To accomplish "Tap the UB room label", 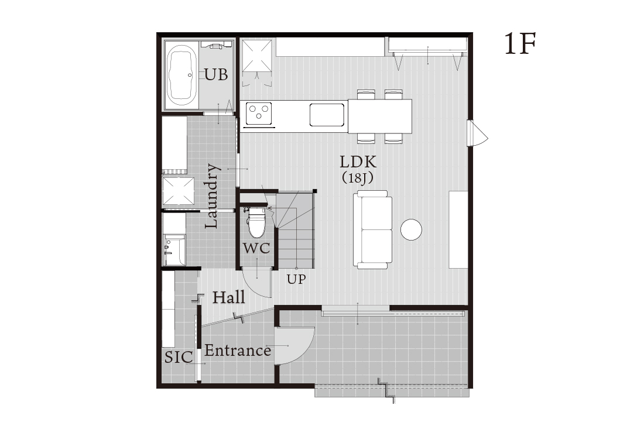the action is [216, 75].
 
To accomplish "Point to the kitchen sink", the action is [327, 115].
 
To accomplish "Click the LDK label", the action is [358, 162].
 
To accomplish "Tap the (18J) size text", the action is [358, 178].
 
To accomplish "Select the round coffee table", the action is [411, 229].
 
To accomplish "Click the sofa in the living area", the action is [373, 229].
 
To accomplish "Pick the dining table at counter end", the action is [380, 116].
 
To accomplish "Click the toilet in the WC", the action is [256, 222].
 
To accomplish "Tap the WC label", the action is [256, 248].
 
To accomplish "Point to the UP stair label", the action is [296, 280].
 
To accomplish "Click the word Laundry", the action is [213, 195].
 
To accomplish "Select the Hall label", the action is [229, 297].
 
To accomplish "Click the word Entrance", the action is [238, 351].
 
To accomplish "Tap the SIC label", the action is [179, 357].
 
